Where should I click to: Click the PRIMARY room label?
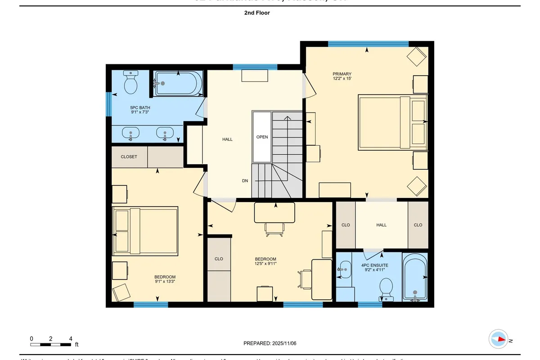[x=342, y=74]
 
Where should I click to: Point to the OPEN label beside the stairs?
[x=262, y=137]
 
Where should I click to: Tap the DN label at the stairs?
[x=245, y=180]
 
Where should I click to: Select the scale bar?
[x=51, y=345]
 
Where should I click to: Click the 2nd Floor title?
[x=257, y=13]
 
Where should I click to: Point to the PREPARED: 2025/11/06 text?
[x=270, y=343]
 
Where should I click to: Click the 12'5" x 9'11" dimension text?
[x=265, y=264]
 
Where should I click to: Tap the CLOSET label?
[x=129, y=157]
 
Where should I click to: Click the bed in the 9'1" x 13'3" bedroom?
[x=145, y=230]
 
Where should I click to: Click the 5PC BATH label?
[x=137, y=108]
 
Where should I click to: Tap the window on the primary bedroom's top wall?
[x=368, y=44]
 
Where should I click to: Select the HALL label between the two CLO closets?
[x=381, y=225]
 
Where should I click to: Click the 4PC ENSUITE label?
[x=374, y=265]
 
